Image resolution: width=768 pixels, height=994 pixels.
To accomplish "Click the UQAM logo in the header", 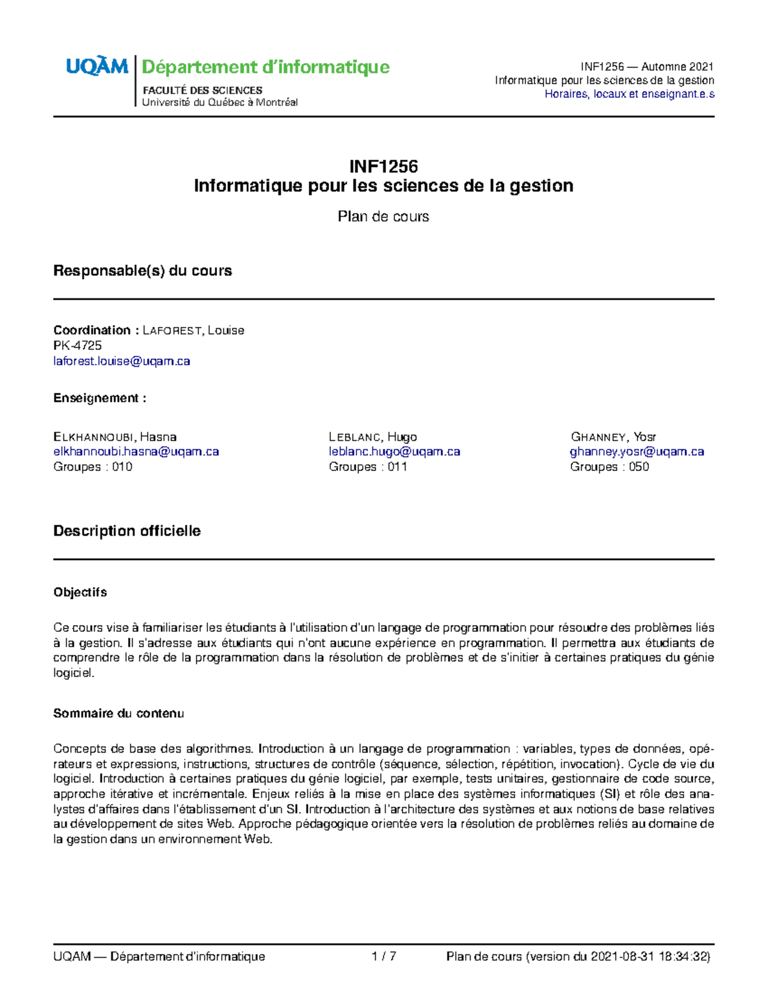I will (x=97, y=67).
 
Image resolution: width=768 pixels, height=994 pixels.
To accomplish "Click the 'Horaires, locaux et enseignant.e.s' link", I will (x=629, y=94).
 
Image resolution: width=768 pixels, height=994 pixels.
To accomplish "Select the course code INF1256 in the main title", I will (x=383, y=166).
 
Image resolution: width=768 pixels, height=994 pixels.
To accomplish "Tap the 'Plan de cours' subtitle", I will (x=383, y=216).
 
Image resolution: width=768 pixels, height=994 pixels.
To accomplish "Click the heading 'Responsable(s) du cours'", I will (x=142, y=271).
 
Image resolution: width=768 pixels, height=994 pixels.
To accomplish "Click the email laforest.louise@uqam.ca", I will (x=122, y=361).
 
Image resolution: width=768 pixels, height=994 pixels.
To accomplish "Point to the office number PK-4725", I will (x=77, y=346).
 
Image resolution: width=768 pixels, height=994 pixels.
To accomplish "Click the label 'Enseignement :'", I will (x=100, y=398).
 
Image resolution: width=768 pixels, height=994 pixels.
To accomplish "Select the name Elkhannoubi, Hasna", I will (x=115, y=437).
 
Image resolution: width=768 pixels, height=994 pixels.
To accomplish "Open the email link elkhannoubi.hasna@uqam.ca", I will (x=136, y=451).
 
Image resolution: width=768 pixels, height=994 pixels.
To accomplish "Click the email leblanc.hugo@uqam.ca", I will (x=394, y=451).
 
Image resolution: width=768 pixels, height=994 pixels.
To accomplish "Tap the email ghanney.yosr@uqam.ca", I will (x=637, y=451).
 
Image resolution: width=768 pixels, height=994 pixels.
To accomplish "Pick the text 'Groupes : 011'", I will (x=368, y=467).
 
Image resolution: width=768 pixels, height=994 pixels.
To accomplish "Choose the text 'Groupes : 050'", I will (x=609, y=467).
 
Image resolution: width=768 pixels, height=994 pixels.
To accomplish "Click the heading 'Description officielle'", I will (x=127, y=531).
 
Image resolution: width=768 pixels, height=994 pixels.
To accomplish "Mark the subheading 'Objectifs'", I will (x=80, y=592).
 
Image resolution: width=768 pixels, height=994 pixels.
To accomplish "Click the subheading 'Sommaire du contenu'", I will (x=118, y=713).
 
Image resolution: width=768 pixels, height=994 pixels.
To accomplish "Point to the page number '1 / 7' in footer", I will (x=383, y=956).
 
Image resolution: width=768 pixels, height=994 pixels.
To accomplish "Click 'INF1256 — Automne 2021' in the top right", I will (x=646, y=67).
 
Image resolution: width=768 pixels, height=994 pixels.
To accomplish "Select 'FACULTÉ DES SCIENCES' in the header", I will (x=202, y=90).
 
